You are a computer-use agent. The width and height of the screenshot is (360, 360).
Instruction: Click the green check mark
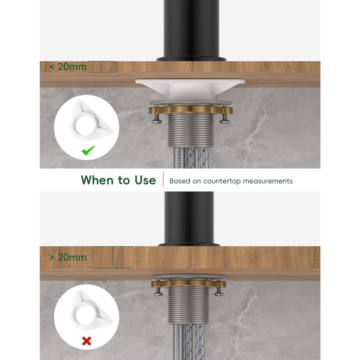click(88, 150)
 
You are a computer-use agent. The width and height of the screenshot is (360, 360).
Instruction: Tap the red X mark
click(86, 341)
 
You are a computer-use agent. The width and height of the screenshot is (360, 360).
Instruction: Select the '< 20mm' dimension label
click(68, 67)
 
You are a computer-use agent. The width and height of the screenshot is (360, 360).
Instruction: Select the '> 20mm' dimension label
click(68, 257)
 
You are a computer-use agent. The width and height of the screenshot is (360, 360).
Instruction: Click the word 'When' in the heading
click(98, 180)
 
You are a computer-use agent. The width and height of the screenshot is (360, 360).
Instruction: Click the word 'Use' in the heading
click(145, 180)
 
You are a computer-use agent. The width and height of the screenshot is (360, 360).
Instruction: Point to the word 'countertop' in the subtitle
click(222, 181)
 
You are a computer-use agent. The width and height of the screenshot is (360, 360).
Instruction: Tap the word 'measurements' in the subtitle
click(268, 181)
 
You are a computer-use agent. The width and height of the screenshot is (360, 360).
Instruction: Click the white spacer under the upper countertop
click(190, 89)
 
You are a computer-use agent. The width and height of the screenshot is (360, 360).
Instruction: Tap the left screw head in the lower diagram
click(158, 293)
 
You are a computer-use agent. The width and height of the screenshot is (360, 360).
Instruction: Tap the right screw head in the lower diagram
click(219, 293)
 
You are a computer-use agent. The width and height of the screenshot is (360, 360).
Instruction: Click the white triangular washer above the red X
click(92, 311)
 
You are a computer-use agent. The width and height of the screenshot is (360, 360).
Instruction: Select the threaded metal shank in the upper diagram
click(191, 130)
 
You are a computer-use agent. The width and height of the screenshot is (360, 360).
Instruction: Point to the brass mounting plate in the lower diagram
click(189, 283)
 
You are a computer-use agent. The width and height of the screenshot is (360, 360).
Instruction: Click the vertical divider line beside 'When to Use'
click(163, 179)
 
